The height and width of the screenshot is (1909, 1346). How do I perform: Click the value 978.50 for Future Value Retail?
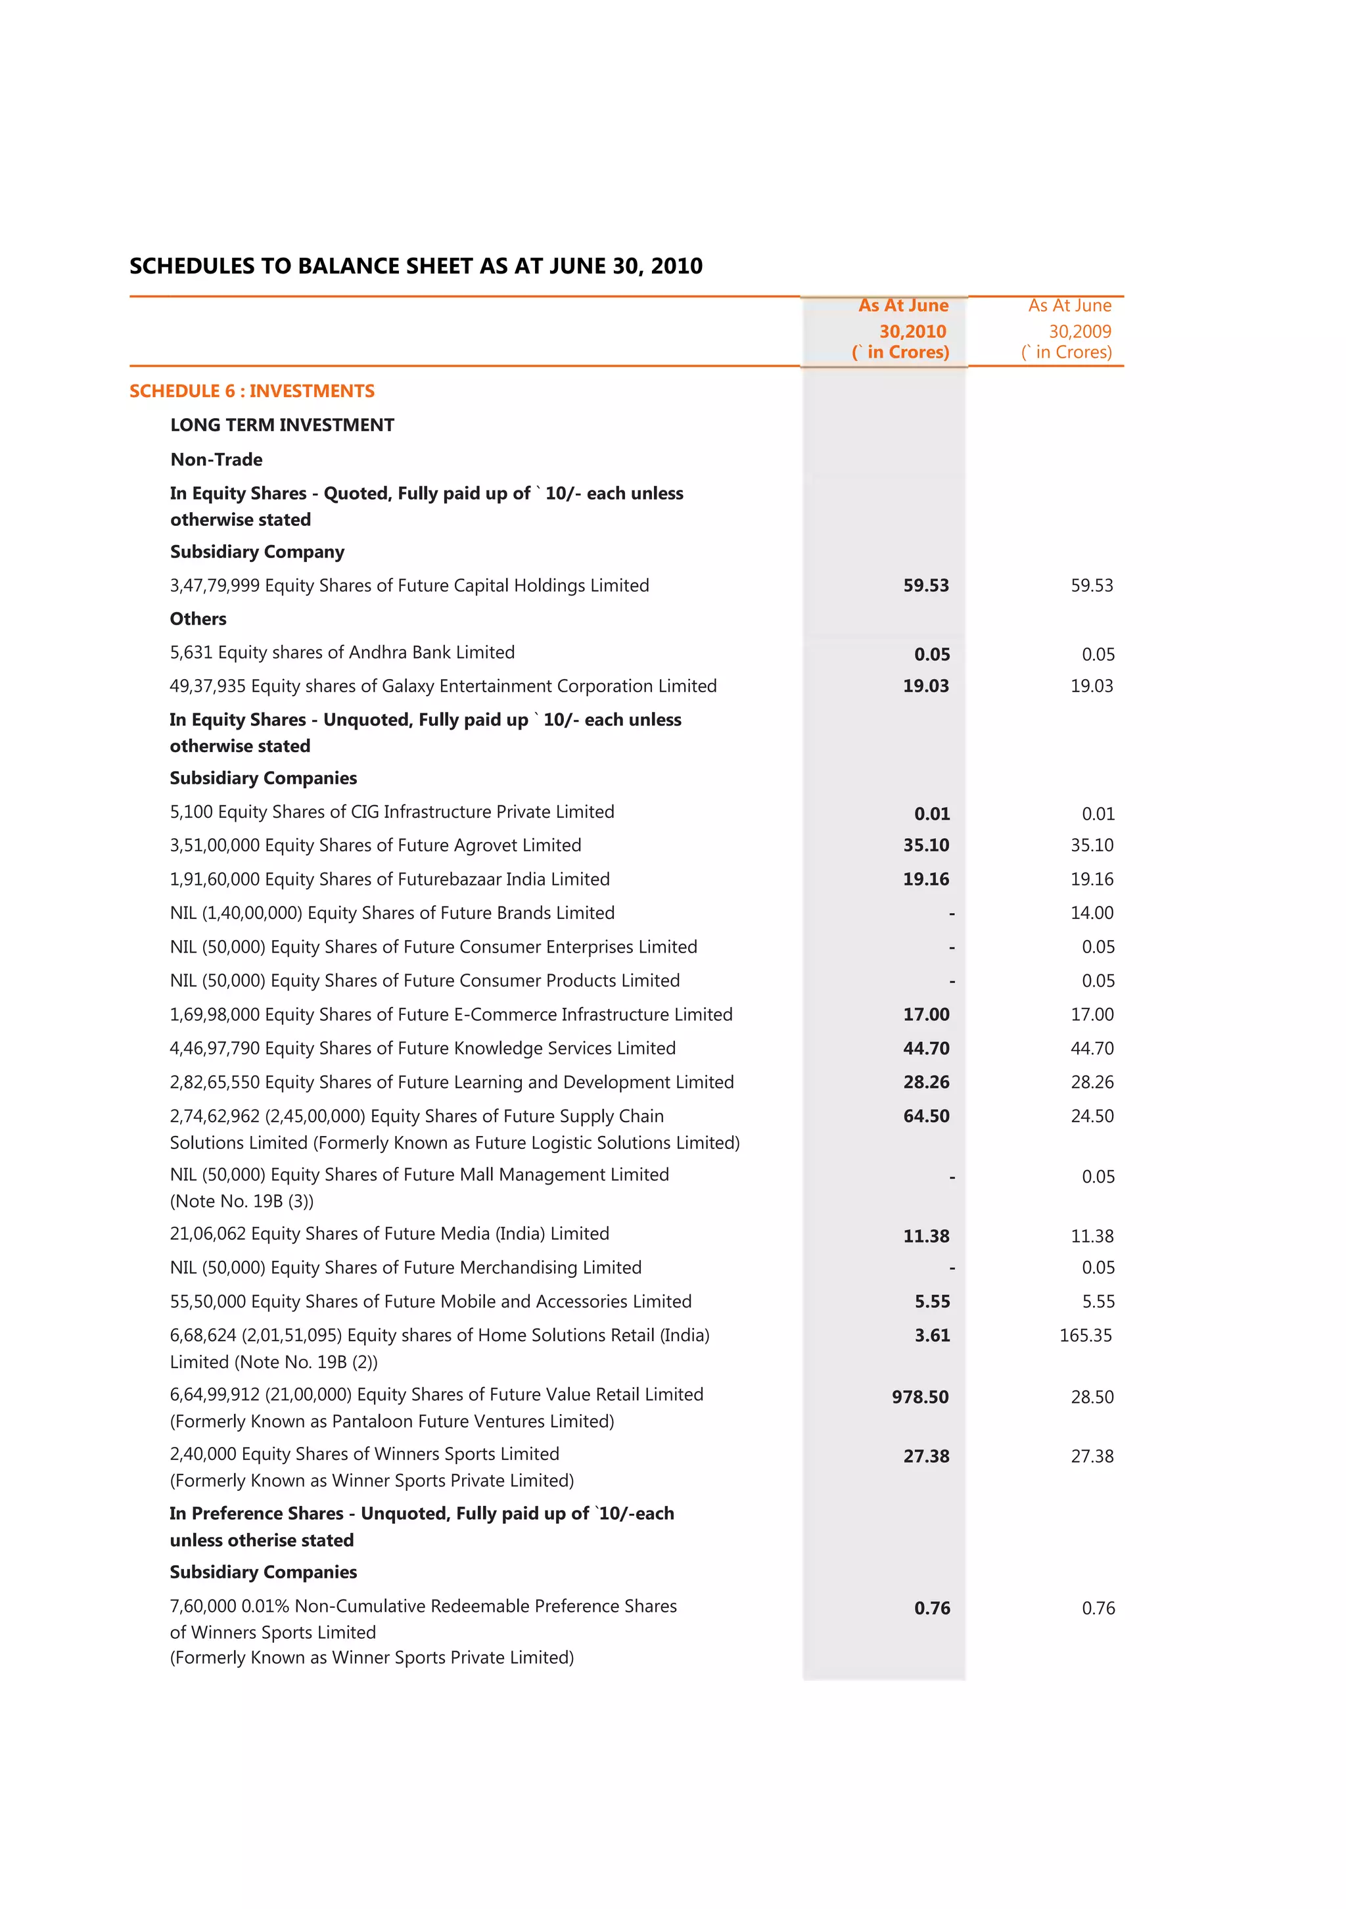919,1397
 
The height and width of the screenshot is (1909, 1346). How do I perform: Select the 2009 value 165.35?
1085,1335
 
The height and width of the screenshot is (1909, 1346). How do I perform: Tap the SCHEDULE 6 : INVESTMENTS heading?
252,390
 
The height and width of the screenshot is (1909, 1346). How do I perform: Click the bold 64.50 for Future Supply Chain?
926,1116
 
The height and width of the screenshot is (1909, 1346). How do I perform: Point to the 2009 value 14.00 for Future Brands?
1092,913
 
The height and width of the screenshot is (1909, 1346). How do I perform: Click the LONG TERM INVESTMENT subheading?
282,425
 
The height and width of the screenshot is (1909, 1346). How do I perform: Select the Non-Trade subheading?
216,459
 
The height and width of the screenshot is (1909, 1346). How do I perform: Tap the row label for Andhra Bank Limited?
342,652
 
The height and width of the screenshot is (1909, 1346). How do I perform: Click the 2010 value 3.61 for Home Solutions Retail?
932,1335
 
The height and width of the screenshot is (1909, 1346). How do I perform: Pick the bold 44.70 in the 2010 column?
926,1049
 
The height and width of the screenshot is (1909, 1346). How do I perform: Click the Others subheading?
198,619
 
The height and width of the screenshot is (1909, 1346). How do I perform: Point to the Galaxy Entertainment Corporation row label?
442,686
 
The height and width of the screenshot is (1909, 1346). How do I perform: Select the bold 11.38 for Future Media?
926,1237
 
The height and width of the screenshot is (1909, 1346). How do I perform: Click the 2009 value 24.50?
1092,1116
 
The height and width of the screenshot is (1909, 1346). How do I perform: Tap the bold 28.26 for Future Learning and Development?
926,1082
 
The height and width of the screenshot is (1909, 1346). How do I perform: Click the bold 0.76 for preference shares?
932,1608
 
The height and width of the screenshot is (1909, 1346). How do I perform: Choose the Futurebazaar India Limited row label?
389,879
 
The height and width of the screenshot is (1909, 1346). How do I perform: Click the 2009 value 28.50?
1092,1397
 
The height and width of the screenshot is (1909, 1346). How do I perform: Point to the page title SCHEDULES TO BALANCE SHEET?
415,266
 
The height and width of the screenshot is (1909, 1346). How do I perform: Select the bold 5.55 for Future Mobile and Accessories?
932,1301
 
